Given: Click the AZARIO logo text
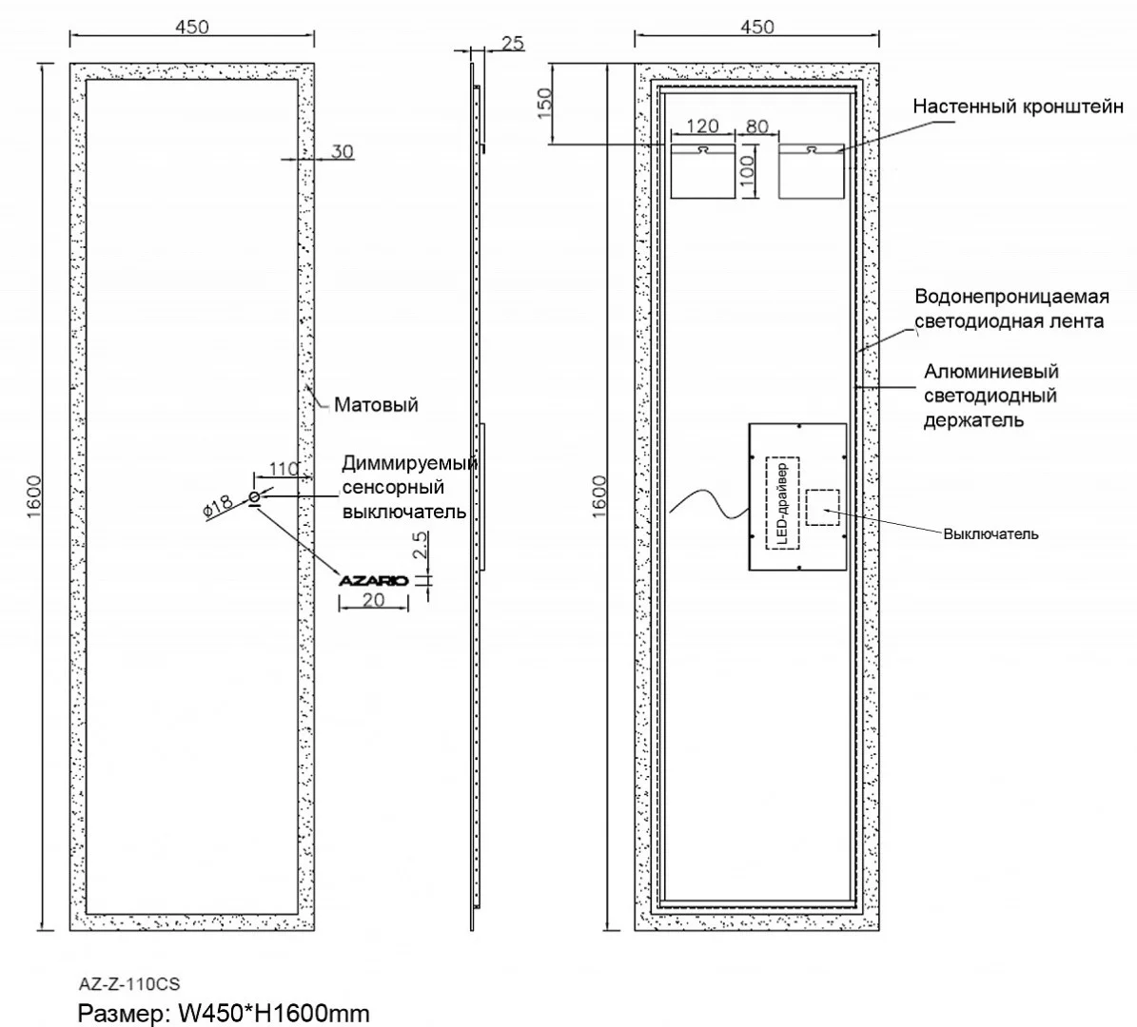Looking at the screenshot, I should click(x=374, y=580).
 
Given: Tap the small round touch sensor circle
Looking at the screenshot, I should click(x=254, y=497).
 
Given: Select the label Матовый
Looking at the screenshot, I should click(x=376, y=405).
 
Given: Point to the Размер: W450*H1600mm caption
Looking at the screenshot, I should click(x=223, y=1013).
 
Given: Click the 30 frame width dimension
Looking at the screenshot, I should click(x=343, y=152).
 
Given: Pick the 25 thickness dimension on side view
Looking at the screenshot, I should click(x=512, y=43).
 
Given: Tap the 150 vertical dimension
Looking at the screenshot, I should click(x=544, y=104).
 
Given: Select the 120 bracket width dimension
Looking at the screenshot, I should click(x=702, y=126).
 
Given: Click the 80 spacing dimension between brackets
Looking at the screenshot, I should click(x=757, y=126).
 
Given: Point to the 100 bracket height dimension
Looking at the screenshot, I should click(x=748, y=169).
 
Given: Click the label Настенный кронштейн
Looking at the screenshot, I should click(x=1018, y=107).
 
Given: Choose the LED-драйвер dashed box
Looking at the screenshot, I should click(x=782, y=502).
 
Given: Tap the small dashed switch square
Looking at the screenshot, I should click(x=823, y=508).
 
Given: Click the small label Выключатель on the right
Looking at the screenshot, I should click(x=990, y=534).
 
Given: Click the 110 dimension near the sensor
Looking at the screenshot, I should click(x=284, y=468).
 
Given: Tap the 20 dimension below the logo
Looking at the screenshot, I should click(x=374, y=600).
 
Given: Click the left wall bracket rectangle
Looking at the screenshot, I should click(x=703, y=171).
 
